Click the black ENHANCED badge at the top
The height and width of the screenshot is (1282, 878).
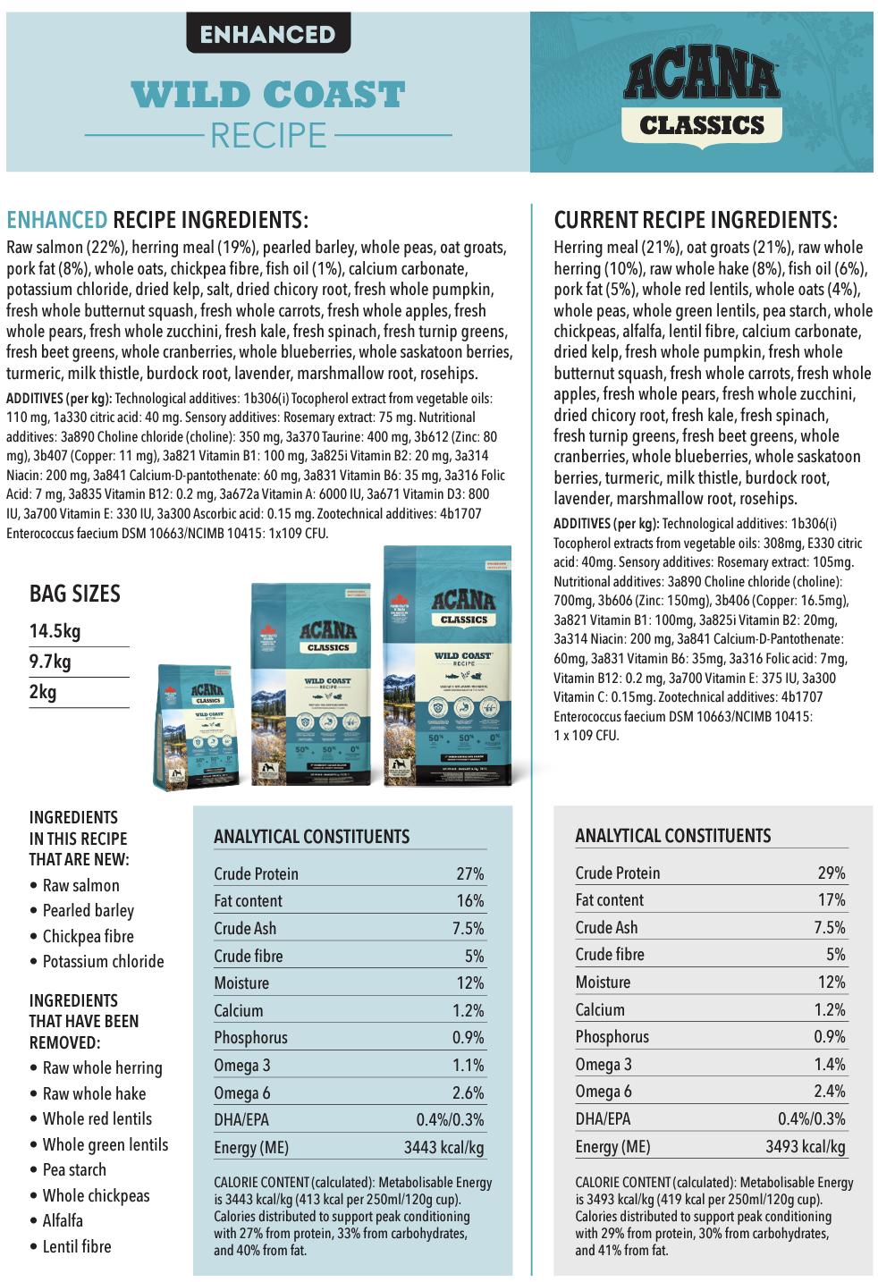tap(267, 34)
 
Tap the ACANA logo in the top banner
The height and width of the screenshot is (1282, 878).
tap(702, 75)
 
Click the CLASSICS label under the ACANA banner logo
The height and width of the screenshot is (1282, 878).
tap(702, 125)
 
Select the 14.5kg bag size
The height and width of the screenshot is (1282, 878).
tap(55, 631)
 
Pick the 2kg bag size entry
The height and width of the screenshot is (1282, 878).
tap(43, 692)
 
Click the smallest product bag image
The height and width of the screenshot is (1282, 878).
tap(198, 727)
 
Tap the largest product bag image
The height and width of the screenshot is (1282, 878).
tap(447, 666)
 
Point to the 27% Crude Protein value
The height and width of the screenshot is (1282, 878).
tap(469, 873)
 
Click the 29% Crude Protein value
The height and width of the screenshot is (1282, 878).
tap(831, 873)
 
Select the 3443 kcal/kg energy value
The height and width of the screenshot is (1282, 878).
tap(443, 1147)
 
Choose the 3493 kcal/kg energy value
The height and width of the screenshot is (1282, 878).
tap(805, 1146)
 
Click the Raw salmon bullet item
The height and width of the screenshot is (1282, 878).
tap(80, 885)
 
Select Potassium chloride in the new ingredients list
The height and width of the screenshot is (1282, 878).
tap(103, 961)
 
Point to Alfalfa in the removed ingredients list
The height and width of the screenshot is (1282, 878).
tap(63, 1220)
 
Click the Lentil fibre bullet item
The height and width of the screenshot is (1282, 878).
tap(77, 1246)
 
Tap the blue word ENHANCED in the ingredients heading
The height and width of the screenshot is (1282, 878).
tap(57, 220)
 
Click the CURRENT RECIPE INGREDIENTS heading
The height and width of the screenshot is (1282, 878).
tap(696, 220)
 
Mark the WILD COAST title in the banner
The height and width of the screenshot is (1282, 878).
tap(268, 95)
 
